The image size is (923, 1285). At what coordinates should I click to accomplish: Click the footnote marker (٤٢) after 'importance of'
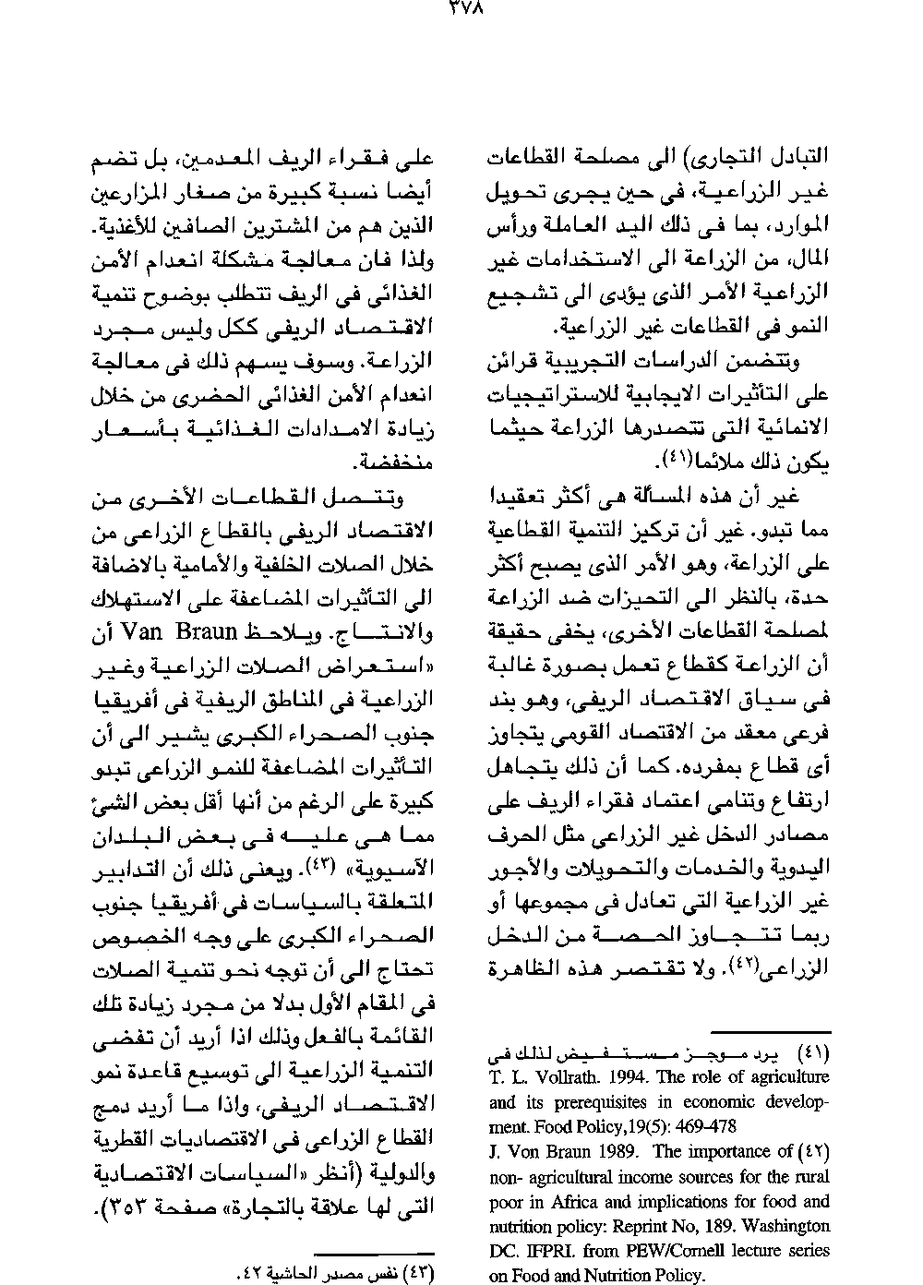[814, 1152]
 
